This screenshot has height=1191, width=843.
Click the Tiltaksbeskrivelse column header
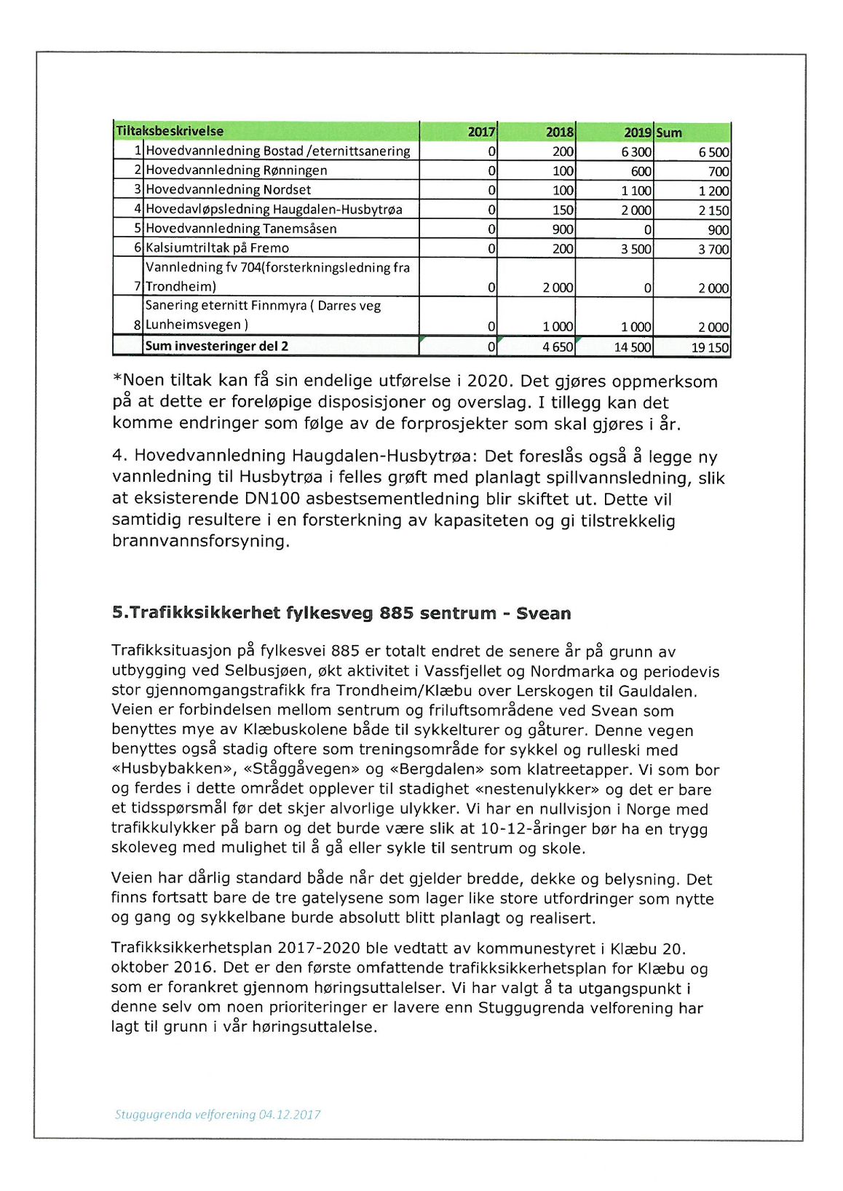170,131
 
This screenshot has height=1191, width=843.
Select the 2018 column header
559,132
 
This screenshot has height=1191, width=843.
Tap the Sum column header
669,132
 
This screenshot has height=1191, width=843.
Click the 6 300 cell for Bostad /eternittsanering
636,152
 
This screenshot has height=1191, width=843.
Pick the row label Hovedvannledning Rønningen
237,170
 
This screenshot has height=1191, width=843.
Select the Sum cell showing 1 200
713,191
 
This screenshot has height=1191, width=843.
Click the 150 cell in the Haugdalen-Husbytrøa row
562,210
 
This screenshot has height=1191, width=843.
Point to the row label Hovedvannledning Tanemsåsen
241,229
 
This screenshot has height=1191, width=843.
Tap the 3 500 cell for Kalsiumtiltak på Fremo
636,249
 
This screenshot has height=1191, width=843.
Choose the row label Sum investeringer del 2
217,346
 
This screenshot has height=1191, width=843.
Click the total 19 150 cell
710,347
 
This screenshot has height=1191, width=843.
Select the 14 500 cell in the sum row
632,347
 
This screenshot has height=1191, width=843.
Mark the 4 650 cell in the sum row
558,347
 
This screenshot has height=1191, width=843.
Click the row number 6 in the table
137,248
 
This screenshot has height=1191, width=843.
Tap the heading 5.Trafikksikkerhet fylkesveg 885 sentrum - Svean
341,613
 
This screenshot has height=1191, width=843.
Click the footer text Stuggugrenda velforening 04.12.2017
217,1114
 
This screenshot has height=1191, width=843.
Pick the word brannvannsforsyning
200,541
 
